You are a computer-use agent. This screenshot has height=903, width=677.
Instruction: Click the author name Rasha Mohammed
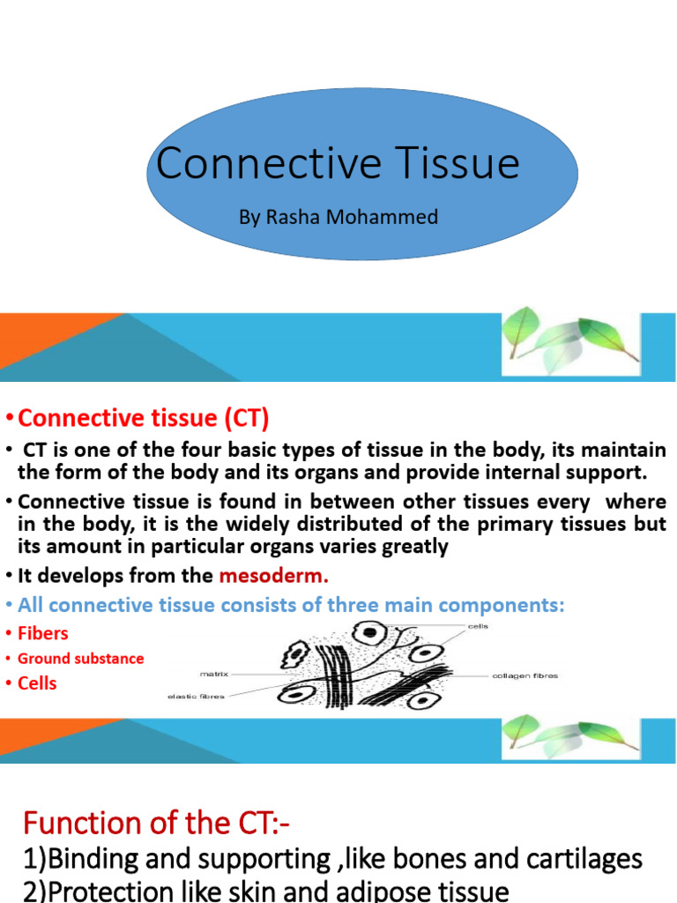338,216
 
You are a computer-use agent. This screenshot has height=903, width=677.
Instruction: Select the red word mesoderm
273,577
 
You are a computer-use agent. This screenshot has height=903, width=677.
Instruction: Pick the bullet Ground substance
80,659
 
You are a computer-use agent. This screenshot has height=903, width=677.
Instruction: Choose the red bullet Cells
37,683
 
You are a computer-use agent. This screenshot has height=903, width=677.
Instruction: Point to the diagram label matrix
214,674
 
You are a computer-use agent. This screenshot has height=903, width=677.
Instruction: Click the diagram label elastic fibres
197,697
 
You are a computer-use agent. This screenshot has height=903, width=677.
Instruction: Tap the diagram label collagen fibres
524,676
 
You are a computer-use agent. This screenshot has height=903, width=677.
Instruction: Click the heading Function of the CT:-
156,824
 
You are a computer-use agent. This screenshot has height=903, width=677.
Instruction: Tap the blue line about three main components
291,605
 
